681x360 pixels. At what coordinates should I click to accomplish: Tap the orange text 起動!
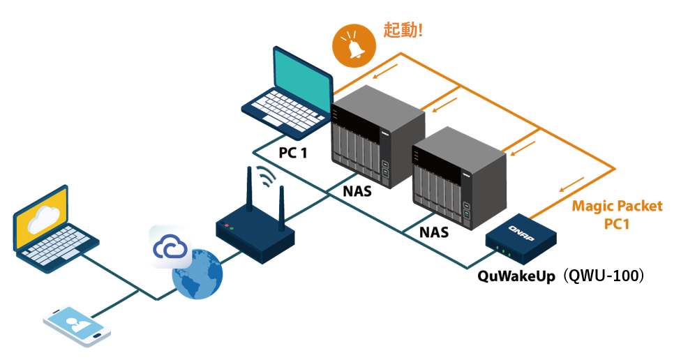403,30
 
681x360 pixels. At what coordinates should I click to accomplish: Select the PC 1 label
294,153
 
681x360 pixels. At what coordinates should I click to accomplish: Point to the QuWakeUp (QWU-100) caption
560,276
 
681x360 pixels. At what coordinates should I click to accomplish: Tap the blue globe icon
197,274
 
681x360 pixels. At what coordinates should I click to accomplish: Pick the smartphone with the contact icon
77,326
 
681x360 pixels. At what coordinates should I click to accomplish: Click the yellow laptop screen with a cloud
42,220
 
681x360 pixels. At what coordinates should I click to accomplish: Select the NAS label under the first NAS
357,189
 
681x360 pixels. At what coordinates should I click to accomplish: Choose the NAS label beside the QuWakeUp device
433,232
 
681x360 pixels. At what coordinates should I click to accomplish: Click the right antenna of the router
281,207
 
